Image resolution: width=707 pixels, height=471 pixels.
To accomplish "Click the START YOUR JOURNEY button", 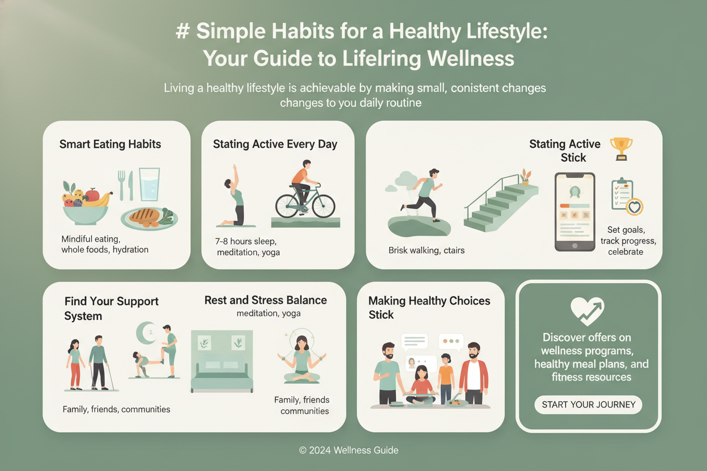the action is [589, 404].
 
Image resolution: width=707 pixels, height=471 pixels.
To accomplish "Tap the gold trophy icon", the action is [621, 149].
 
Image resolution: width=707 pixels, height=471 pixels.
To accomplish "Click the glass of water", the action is [150, 184].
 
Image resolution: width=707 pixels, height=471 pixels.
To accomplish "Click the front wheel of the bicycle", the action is [323, 205].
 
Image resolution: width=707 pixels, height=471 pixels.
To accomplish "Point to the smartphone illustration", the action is [575, 212].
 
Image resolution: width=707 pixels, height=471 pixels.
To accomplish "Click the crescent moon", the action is [146, 333].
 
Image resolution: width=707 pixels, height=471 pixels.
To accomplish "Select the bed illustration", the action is [222, 361].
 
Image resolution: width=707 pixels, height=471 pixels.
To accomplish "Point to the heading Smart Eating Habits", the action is [110, 144].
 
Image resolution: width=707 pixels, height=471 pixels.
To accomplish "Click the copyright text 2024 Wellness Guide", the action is [348, 450].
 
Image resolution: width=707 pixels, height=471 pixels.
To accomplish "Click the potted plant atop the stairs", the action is [525, 177].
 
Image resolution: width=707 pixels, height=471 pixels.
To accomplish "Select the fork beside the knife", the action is [121, 185].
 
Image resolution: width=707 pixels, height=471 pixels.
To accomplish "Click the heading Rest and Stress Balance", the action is [266, 300].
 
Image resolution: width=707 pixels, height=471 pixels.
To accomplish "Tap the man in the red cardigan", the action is [474, 373].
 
